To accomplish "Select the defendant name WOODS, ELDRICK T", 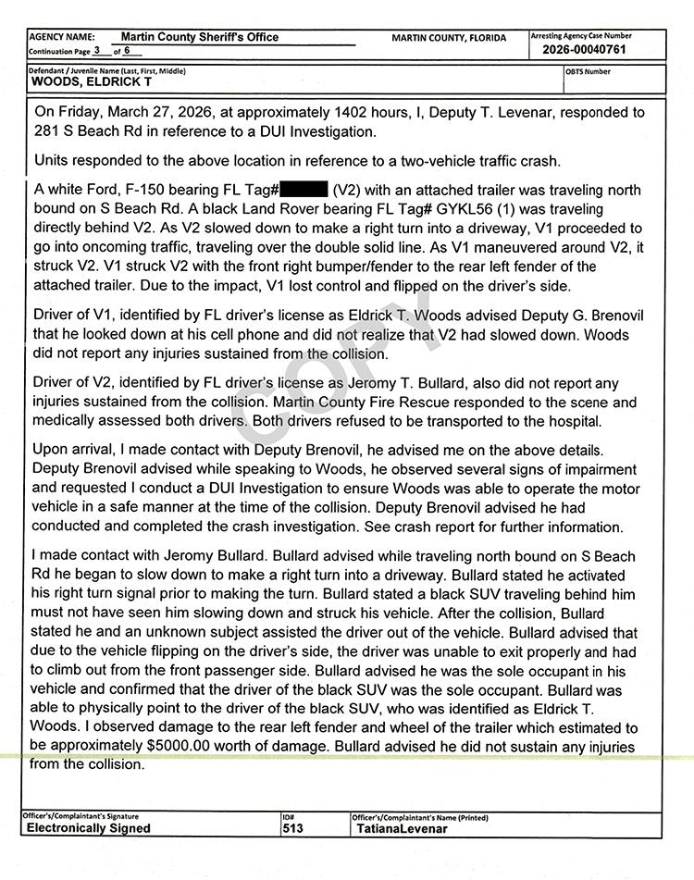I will tap(93, 81).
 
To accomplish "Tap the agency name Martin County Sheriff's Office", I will tap(200, 38).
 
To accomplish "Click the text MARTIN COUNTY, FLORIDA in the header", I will tap(449, 38).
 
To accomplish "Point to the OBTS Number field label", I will tap(588, 70).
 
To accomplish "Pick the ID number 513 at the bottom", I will tap(294, 829).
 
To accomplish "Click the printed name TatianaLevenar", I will tap(402, 829).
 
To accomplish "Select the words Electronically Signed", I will tap(88, 829).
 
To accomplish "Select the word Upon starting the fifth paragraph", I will tap(54, 450).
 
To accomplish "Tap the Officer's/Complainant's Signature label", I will tap(82, 817).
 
